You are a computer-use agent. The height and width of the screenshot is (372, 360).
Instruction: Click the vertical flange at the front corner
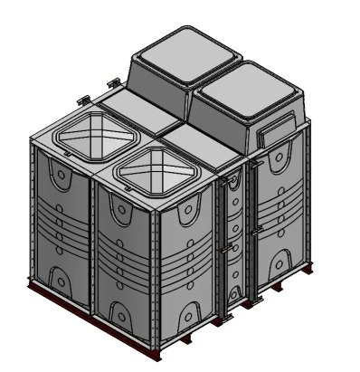(x=160, y=272)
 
